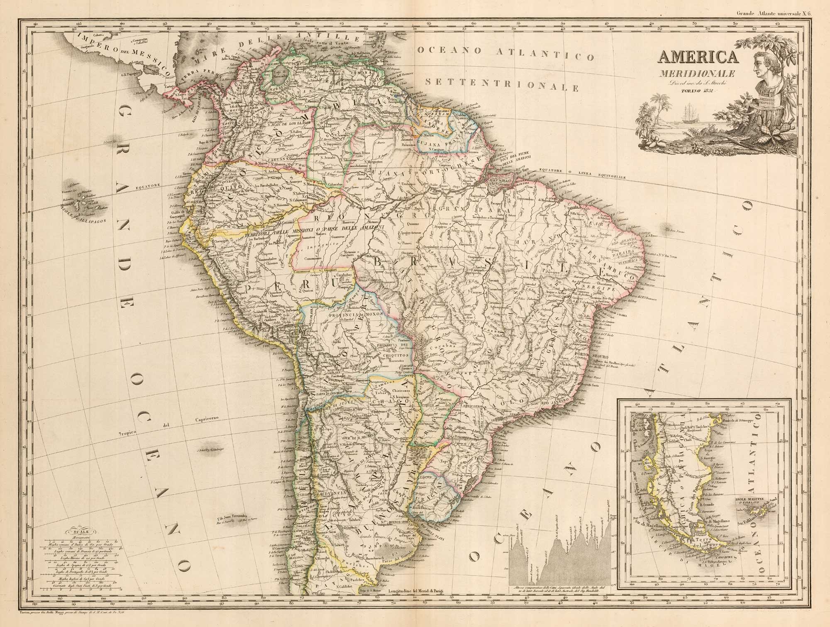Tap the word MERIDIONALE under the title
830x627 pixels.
701,75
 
